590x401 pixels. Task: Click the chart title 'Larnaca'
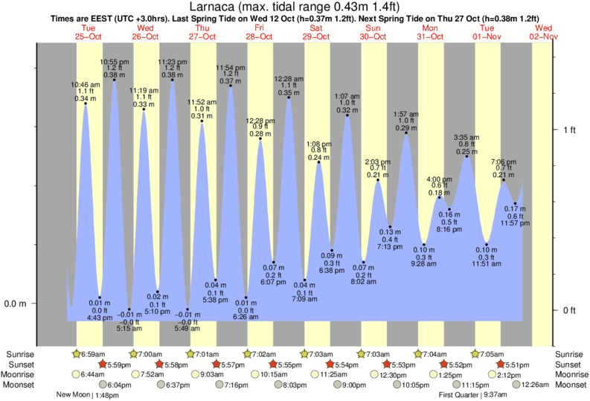(x=295, y=7)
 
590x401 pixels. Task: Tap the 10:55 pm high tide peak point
(x=114, y=80)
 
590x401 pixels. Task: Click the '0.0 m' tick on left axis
(x=17, y=304)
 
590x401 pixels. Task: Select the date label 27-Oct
(x=202, y=36)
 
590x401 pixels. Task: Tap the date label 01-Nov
(x=487, y=36)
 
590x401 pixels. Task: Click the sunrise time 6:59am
(x=94, y=354)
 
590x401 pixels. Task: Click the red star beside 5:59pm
(x=103, y=365)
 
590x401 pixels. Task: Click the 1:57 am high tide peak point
(x=406, y=133)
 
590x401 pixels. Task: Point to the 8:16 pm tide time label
(x=449, y=229)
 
